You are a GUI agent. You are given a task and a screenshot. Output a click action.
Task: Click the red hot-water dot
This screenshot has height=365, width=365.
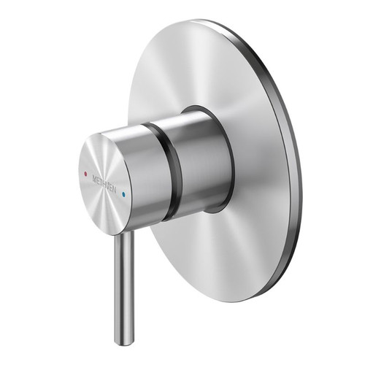pos(88,174)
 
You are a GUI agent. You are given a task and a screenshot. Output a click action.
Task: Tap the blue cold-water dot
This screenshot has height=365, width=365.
pos(126,196)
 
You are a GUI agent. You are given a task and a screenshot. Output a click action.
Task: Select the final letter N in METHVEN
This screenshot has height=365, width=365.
pos(120,192)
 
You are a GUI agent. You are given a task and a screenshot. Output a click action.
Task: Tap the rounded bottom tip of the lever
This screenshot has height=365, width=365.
pos(123,341)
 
